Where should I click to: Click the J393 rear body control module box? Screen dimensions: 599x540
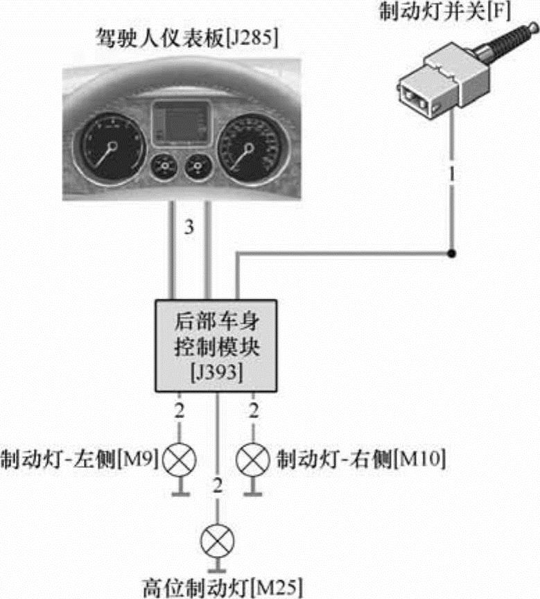[216, 344]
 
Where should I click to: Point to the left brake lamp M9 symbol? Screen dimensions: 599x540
[179, 458]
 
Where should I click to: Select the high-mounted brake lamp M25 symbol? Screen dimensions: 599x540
[217, 539]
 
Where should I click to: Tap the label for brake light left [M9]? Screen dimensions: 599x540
[80, 458]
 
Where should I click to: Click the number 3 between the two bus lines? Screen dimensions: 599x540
[189, 227]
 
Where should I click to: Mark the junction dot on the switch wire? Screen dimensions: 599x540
[452, 254]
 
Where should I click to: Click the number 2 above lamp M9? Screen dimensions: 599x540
[179, 410]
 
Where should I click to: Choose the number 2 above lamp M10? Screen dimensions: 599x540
[253, 410]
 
